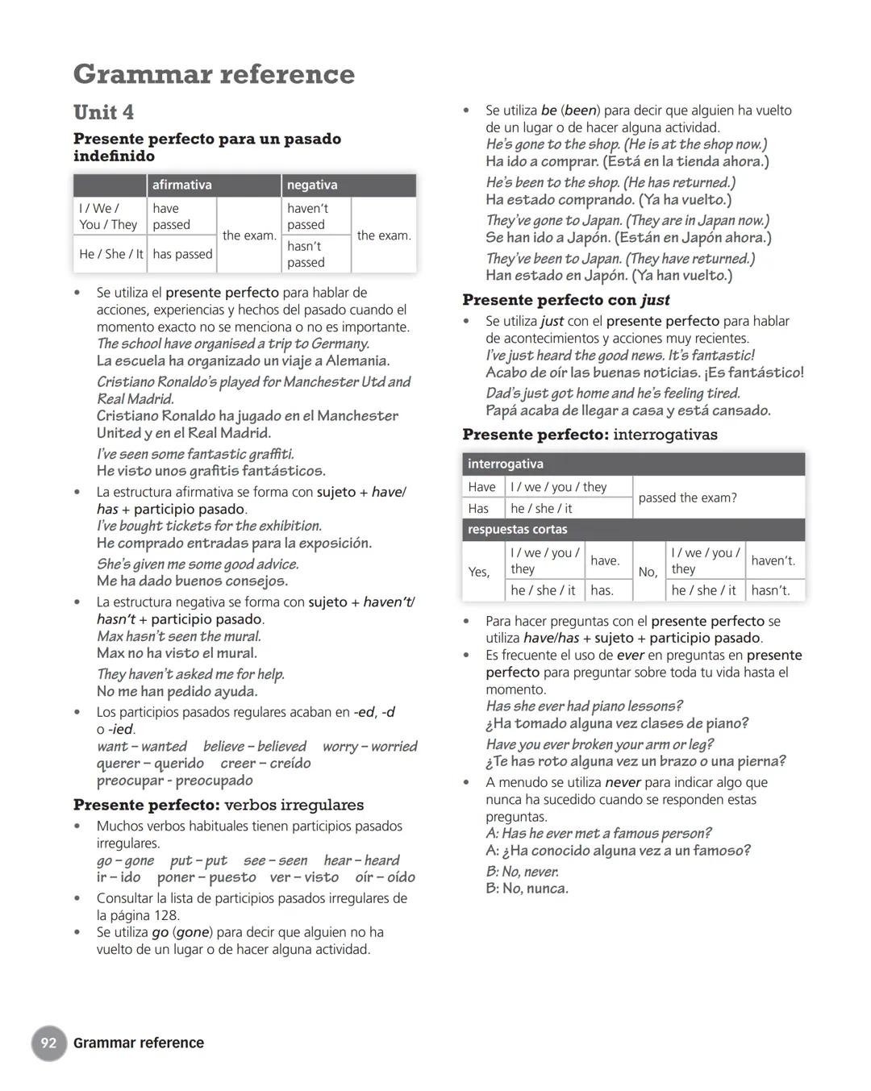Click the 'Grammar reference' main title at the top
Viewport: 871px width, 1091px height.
pos(214,74)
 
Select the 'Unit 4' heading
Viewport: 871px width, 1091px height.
pos(103,112)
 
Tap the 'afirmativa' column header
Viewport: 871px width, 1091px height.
pos(182,185)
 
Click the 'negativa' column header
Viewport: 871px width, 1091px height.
pos(312,185)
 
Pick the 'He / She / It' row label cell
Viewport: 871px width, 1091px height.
pos(111,254)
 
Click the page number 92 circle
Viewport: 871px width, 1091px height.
pos(49,1043)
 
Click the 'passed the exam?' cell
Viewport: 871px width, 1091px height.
pos(687,498)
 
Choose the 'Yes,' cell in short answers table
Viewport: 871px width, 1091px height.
pos(479,572)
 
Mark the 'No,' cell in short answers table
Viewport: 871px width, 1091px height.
pos(648,572)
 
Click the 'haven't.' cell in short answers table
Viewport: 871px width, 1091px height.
pos(773,560)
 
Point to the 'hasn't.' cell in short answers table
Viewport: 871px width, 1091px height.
pos(770,590)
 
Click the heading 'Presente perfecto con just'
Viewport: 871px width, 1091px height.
pos(565,300)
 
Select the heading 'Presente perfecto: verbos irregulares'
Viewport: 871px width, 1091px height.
pos(219,805)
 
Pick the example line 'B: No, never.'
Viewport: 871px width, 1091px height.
pos(522,872)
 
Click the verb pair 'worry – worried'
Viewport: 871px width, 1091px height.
pos(369,747)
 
